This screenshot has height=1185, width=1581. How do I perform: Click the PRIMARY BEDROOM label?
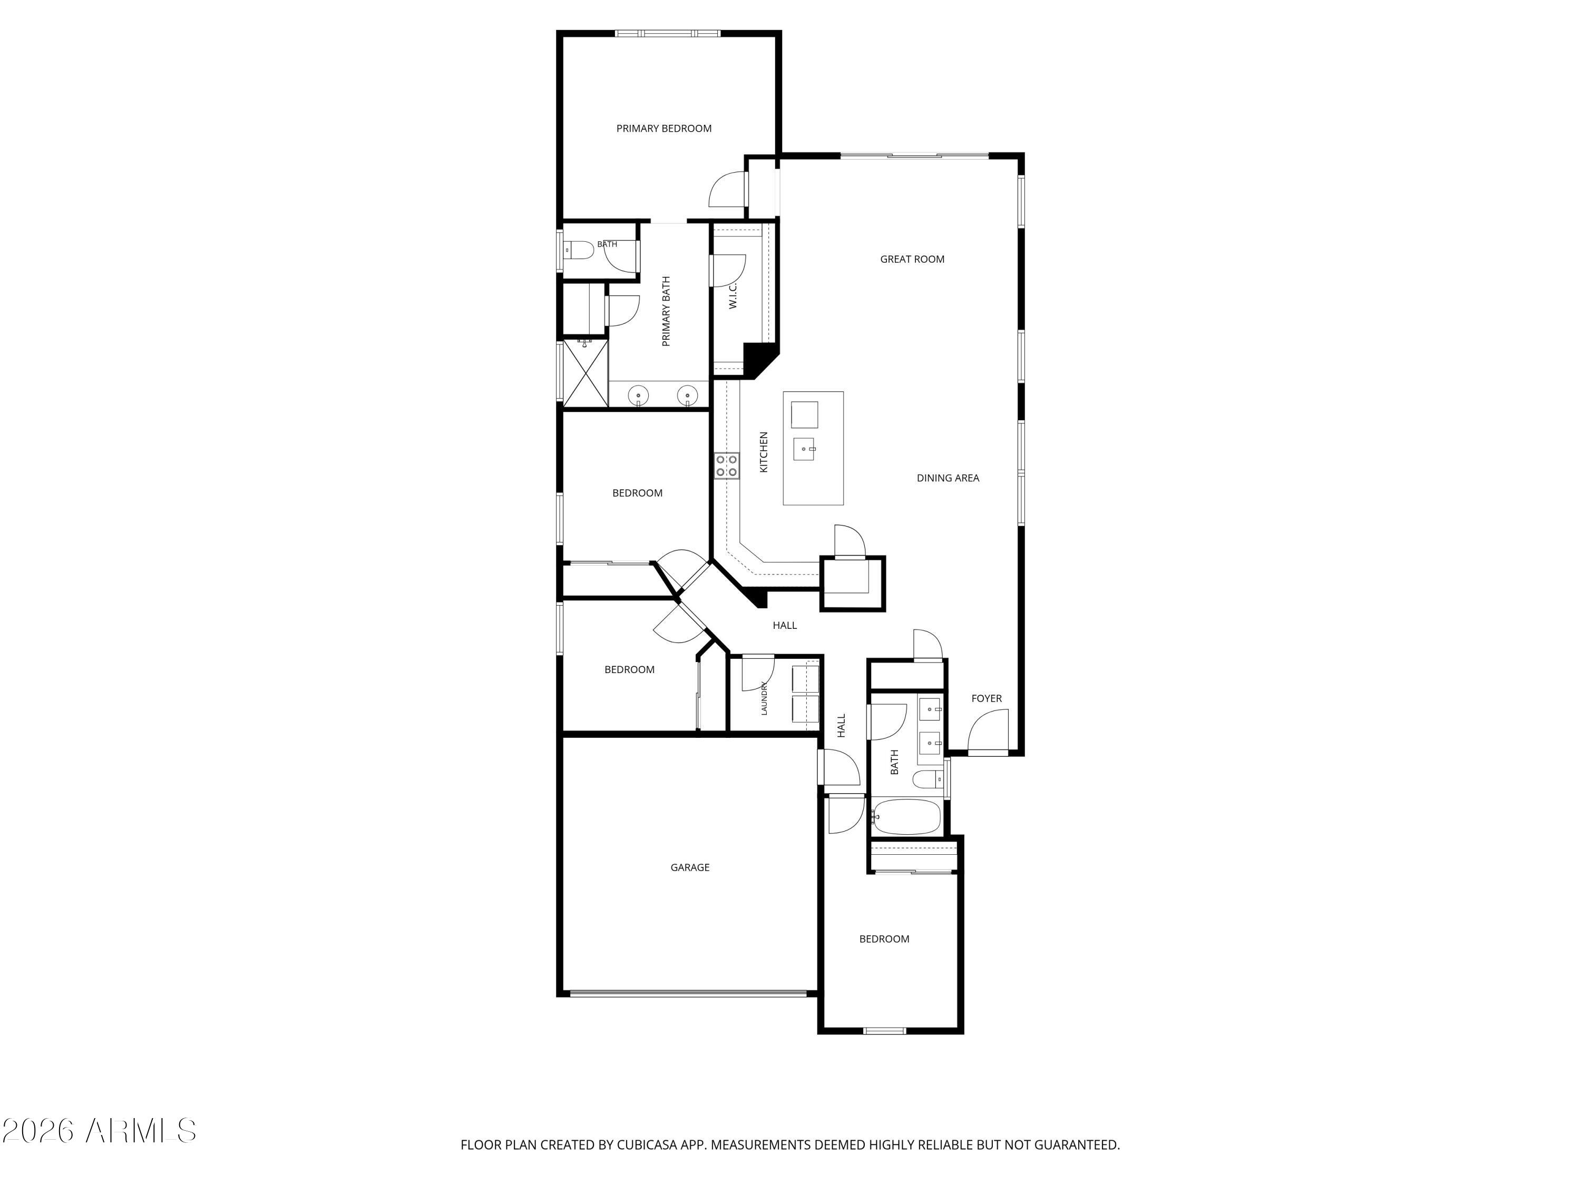[664, 129]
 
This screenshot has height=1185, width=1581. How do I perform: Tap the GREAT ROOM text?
[912, 259]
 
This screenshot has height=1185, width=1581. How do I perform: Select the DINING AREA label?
[948, 478]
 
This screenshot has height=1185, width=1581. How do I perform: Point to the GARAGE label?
[690, 867]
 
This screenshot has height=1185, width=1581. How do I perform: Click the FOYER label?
[987, 698]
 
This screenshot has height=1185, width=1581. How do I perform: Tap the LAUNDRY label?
[764, 698]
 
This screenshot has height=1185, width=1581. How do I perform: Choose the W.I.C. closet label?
[733, 295]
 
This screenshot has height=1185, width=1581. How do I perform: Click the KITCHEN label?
[763, 452]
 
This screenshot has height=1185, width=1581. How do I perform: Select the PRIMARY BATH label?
[666, 311]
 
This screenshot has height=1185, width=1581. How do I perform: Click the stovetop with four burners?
[727, 466]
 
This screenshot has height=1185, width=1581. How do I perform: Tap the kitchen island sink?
[804, 449]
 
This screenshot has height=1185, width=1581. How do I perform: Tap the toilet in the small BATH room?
[579, 251]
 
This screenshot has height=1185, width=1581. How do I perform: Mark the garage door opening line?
[688, 993]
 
